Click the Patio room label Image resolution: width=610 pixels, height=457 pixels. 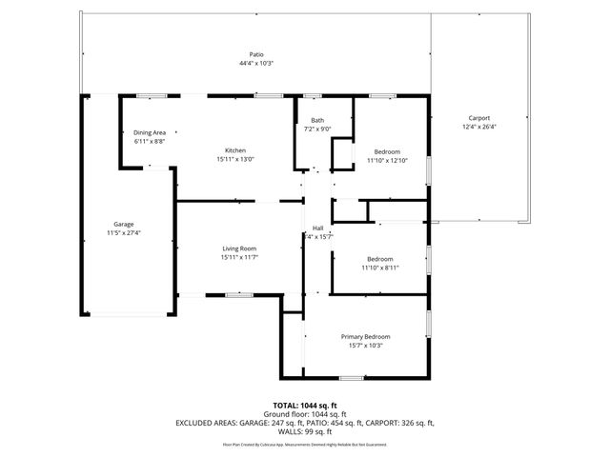coord(256,55)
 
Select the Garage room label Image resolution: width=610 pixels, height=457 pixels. coord(124,224)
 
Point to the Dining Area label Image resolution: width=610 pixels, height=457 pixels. coord(150,132)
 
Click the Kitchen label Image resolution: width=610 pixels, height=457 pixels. coord(235,150)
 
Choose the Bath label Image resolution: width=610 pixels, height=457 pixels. coord(316,120)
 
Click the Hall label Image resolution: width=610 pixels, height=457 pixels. coord(318,228)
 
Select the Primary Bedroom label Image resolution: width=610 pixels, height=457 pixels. coord(366,336)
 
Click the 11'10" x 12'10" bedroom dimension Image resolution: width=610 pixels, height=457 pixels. coord(387,160)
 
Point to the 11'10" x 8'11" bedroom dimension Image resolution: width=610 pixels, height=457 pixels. coord(380,268)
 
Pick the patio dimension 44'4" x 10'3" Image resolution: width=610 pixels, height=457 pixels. coord(256,64)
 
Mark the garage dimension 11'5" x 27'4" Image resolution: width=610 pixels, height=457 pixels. coord(124,232)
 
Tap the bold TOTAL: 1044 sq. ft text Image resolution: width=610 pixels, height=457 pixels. coord(305,406)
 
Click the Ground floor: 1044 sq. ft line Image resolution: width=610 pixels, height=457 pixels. coord(305,414)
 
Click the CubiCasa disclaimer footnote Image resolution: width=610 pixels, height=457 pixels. coord(305,444)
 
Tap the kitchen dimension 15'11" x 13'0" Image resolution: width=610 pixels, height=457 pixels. coord(235,159)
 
